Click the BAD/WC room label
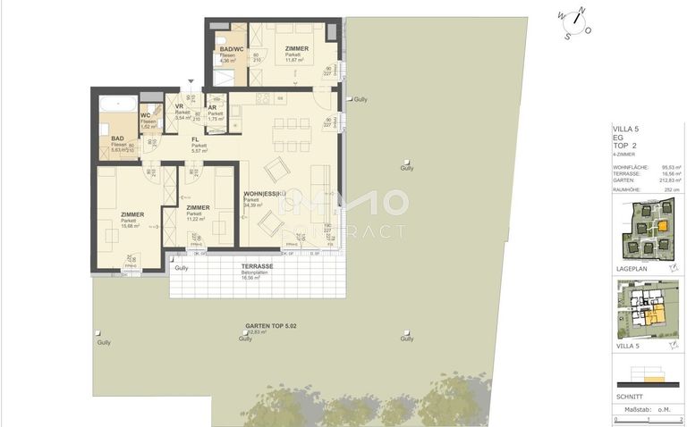tap(231, 49)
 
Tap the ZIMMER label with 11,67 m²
tap(298, 49)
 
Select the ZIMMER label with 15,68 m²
tap(133, 214)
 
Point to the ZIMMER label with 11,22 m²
tap(198, 208)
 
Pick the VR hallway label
tap(179, 106)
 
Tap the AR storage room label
tap(212, 106)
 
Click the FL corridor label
tap(195, 139)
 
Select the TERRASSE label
tap(257, 267)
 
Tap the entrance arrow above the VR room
tap(190, 81)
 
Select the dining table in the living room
tap(291, 134)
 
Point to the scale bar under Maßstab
tap(647, 415)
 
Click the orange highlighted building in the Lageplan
tap(662, 227)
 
